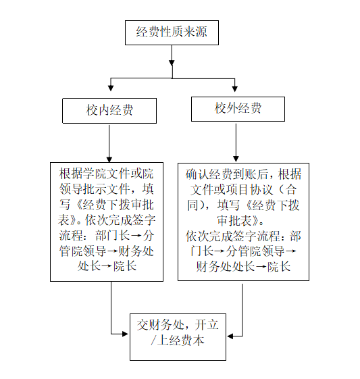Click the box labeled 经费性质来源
(x=172, y=32)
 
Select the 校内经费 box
(x=109, y=111)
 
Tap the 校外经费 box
(x=238, y=109)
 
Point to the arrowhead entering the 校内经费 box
(x=111, y=88)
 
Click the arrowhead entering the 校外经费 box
(x=235, y=89)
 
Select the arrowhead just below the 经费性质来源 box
(x=172, y=63)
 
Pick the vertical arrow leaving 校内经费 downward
(x=109, y=144)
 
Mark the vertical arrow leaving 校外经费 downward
(x=236, y=143)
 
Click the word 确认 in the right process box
(x=197, y=174)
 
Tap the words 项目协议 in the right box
(x=249, y=190)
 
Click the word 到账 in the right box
(x=244, y=174)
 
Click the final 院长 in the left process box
(x=125, y=266)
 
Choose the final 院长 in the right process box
(x=279, y=267)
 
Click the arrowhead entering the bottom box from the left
(x=125, y=334)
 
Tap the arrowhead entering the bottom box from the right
(x=230, y=336)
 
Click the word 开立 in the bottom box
(x=207, y=324)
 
